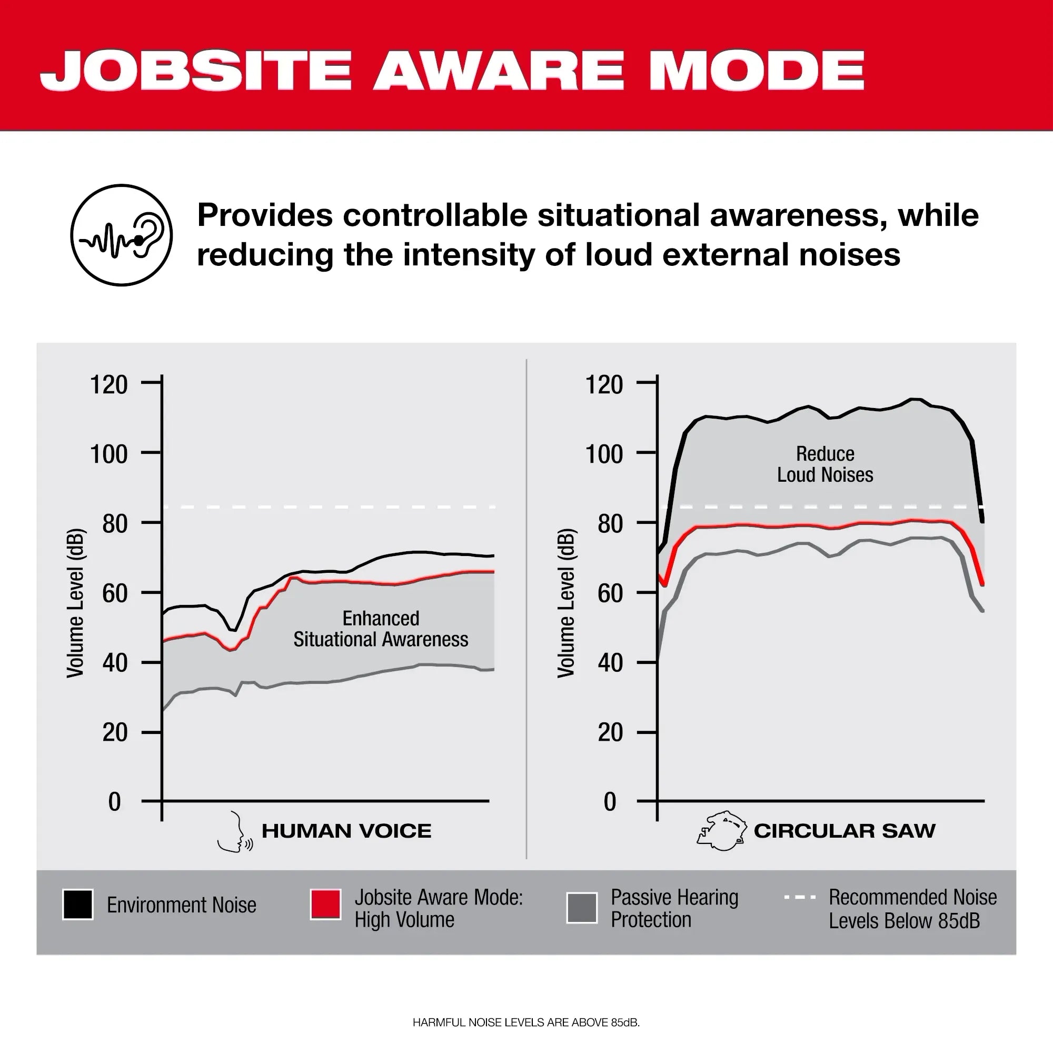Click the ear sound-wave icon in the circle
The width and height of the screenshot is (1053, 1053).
point(122,235)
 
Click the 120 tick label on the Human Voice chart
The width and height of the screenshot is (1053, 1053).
point(109,385)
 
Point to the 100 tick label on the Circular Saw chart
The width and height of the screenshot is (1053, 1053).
point(604,454)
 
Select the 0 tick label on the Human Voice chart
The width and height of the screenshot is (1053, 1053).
point(114,802)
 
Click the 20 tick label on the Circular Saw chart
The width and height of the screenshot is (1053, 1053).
point(610,732)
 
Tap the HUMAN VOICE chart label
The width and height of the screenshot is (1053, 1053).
point(346,831)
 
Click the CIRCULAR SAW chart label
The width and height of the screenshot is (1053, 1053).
point(845,831)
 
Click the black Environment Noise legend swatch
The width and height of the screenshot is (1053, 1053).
point(78,905)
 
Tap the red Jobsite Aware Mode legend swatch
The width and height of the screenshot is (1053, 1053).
point(326,904)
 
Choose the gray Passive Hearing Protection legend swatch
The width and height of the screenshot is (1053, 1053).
point(582,908)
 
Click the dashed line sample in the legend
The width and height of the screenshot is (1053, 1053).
point(800,897)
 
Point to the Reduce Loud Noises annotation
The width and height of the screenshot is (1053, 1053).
point(824,464)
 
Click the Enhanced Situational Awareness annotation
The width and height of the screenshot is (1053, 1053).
point(381,629)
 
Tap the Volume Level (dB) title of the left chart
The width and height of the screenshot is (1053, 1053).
point(75,603)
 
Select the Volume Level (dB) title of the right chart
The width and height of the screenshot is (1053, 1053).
point(566,603)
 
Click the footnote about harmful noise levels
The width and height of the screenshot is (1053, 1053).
point(526,1022)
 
